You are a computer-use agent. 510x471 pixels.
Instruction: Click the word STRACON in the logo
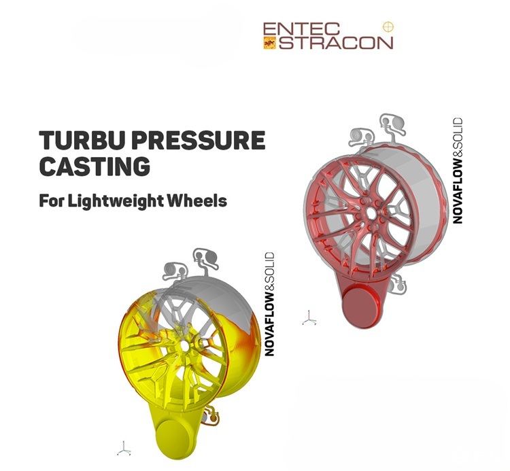[335, 43]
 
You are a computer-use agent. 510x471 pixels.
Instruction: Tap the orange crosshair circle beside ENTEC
[388, 27]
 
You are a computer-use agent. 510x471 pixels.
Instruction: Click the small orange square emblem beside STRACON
[269, 43]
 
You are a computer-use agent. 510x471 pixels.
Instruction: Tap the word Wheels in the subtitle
[201, 201]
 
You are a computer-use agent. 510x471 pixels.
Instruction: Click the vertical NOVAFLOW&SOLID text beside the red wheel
[458, 171]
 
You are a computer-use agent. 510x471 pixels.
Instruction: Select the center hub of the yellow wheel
[185, 346]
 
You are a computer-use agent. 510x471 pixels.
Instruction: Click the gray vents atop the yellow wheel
[187, 265]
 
